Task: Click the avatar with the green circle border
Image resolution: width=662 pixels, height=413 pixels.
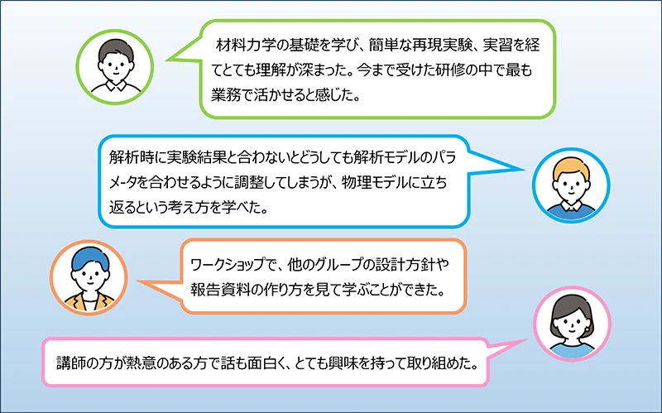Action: click(x=115, y=67)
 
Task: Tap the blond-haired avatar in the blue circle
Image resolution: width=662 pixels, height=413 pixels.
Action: click(x=571, y=185)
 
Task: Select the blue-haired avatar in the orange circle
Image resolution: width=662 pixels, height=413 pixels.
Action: click(x=89, y=277)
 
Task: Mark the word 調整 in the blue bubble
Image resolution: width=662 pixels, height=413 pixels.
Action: click(x=251, y=183)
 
